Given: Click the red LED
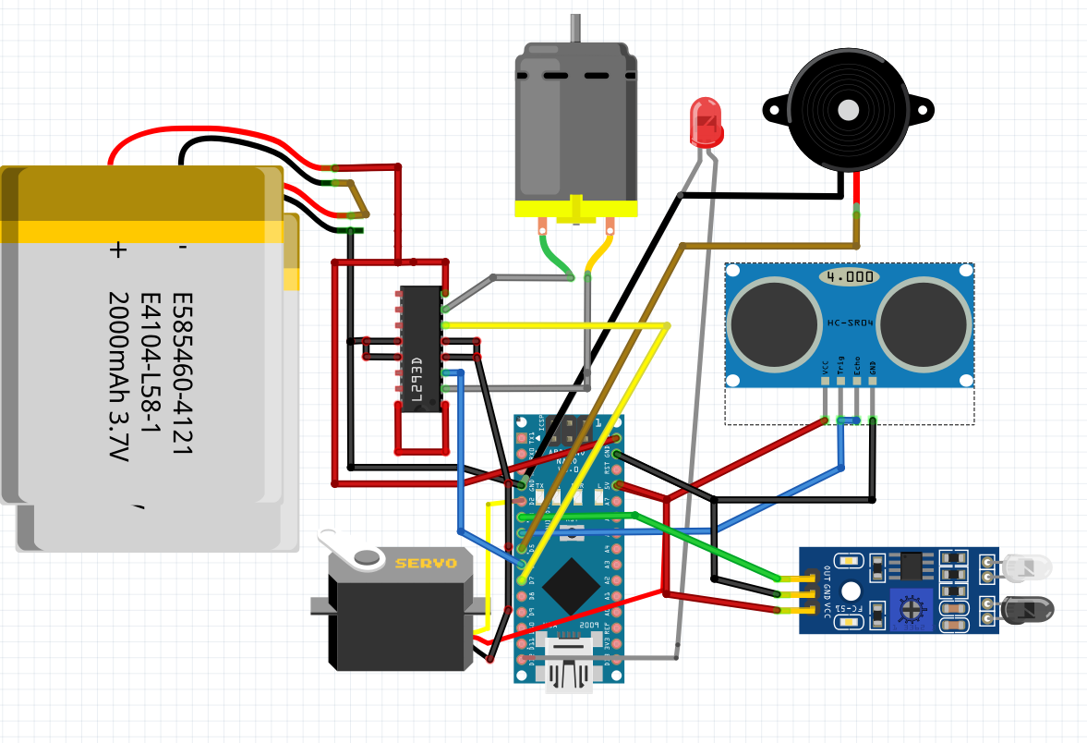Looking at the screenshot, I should [x=707, y=122].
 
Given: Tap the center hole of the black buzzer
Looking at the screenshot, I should [x=848, y=111].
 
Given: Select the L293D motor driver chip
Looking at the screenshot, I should [x=421, y=347].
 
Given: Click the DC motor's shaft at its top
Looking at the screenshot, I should [x=576, y=28].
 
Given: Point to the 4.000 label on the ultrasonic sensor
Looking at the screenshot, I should [x=849, y=276].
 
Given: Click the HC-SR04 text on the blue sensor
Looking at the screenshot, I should [x=849, y=323].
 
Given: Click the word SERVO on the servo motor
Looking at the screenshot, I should [x=426, y=563].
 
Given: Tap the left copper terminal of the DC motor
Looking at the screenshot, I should [x=543, y=225].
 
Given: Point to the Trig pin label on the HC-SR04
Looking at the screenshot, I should [x=840, y=370].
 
